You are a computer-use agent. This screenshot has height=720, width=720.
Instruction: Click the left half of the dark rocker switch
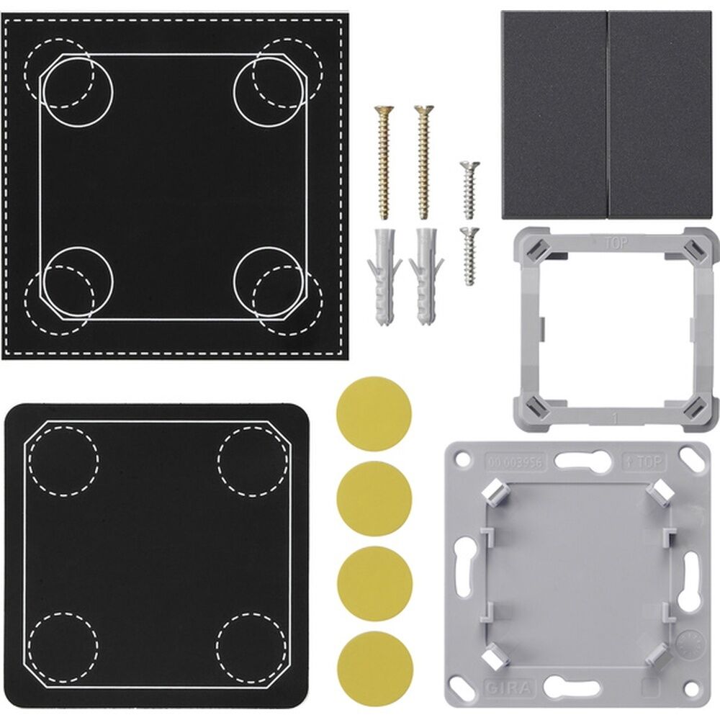(554, 115)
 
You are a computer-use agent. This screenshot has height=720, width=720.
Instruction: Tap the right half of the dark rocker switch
(660, 115)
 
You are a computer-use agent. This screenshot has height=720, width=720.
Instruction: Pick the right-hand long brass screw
(423, 162)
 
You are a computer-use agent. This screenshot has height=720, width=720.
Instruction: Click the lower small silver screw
(469, 256)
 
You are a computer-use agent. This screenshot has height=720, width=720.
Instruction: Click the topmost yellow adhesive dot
(374, 414)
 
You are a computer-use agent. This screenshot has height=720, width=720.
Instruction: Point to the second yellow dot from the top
(374, 499)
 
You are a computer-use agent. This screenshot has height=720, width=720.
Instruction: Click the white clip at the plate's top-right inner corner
(655, 494)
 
